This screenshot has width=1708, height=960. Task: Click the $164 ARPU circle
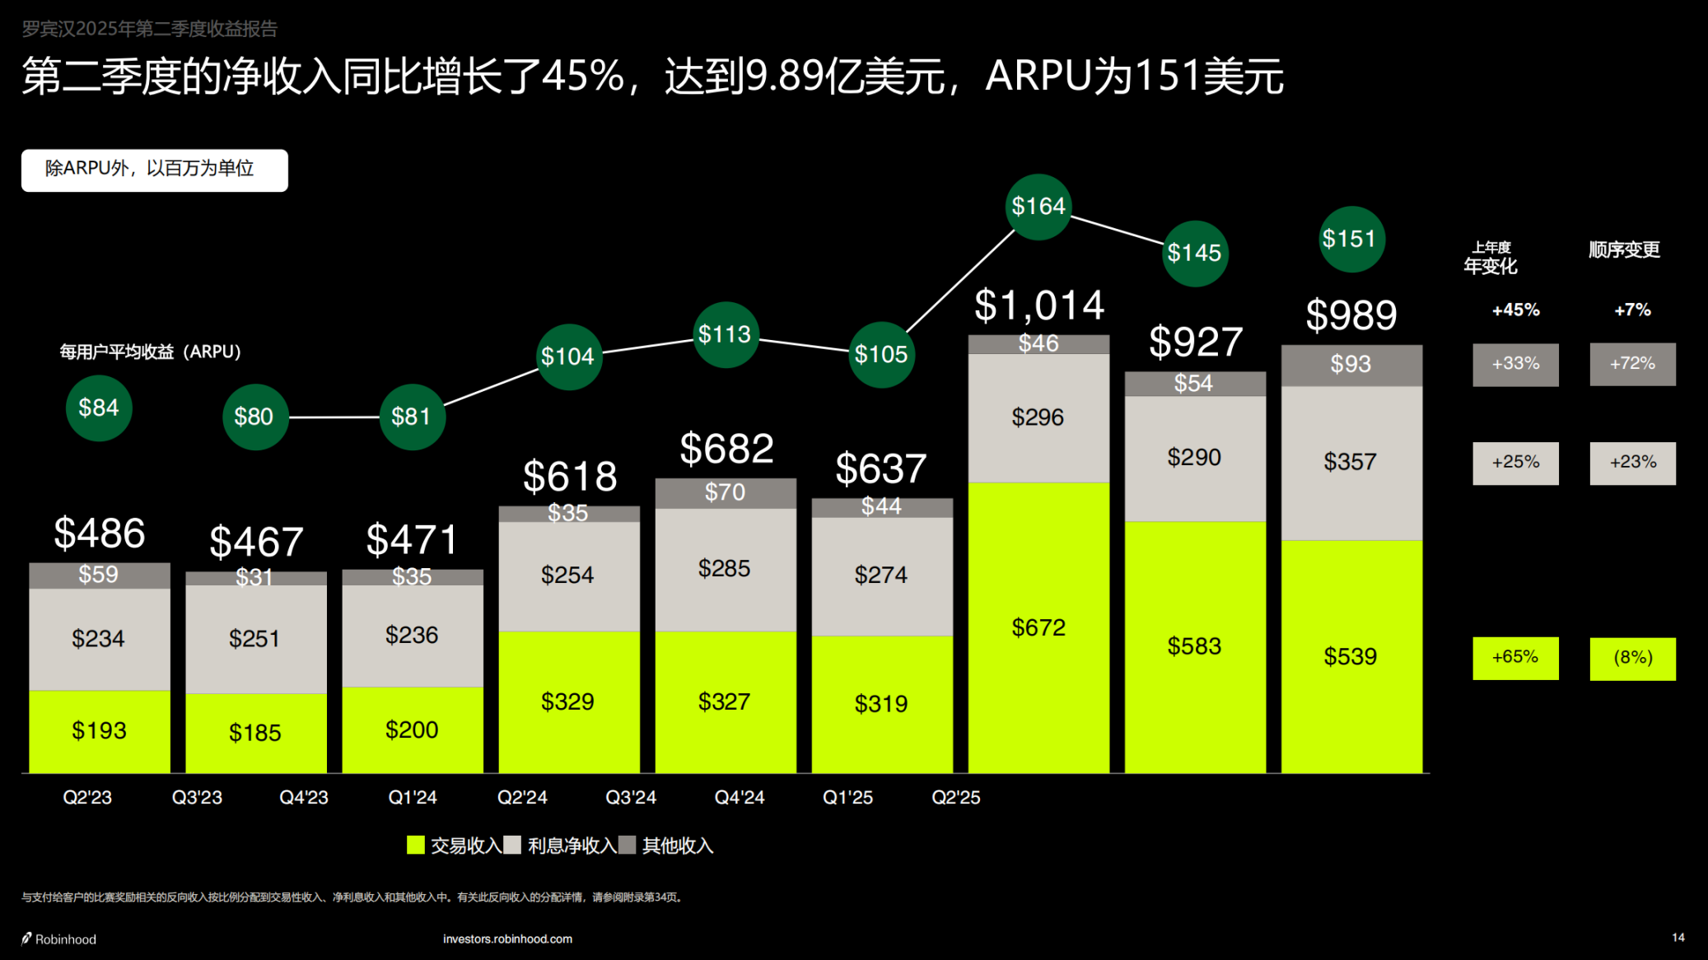click(1038, 207)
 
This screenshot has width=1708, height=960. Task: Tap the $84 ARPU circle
click(99, 408)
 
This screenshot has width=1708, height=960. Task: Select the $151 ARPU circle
click(1351, 240)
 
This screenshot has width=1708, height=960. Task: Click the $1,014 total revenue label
click(1038, 305)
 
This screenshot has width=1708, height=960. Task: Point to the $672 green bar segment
click(1038, 627)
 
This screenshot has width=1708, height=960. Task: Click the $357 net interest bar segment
click(1351, 462)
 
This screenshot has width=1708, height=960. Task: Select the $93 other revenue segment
click(1351, 365)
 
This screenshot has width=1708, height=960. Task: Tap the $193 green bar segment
click(99, 730)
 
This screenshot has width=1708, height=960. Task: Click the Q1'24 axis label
click(413, 797)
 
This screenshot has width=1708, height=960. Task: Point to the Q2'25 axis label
click(955, 797)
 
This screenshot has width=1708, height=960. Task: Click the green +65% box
click(1515, 658)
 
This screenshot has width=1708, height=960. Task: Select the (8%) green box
click(1632, 658)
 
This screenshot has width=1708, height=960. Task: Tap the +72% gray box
click(1632, 364)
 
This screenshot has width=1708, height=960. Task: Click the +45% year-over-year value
click(1515, 310)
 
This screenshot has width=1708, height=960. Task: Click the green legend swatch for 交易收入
click(416, 845)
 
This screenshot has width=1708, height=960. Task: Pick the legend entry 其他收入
click(677, 846)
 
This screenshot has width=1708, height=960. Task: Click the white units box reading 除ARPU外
click(155, 170)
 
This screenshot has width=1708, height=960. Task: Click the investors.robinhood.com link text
click(507, 939)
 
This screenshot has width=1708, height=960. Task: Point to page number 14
click(1678, 938)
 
